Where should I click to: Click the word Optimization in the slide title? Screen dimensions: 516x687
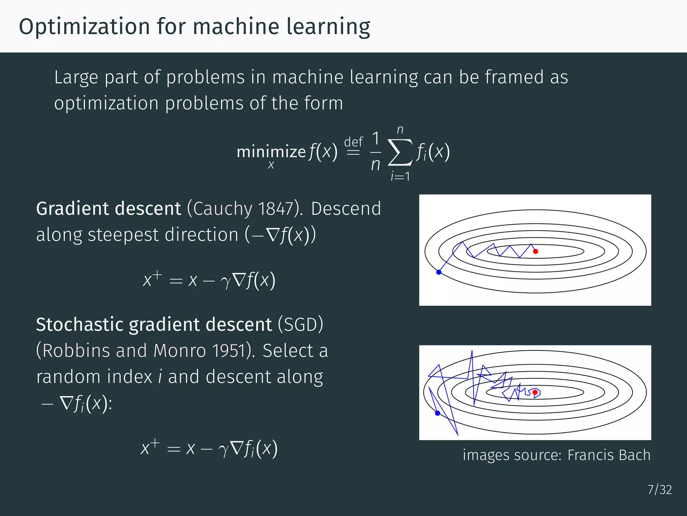pos(84,27)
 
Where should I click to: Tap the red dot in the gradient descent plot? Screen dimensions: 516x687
pos(535,251)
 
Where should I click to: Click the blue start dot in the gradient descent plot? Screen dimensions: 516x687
pos(439,272)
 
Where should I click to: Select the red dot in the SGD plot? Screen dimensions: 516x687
pos(535,392)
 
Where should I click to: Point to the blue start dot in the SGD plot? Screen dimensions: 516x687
pos(437,413)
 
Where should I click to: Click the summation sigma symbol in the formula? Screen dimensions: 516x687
pos(400,153)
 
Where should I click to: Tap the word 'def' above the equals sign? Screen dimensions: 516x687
pos(354,142)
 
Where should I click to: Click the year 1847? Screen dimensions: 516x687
pos(276,209)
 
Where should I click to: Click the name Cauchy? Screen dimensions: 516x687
pos(222,209)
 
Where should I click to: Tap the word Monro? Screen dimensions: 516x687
pos(179,351)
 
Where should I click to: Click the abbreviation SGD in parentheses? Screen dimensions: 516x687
pos(301,325)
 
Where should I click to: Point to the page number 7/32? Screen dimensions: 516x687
pos(659,490)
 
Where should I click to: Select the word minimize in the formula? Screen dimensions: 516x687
pos(271,152)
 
